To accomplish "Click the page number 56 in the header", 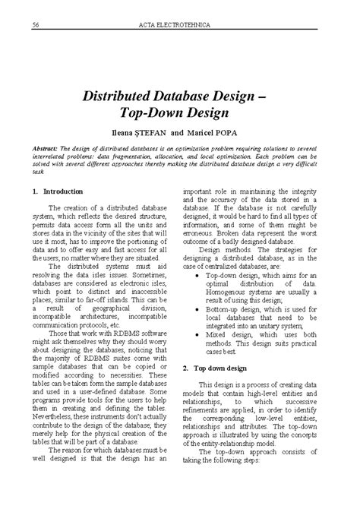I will (36, 28).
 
